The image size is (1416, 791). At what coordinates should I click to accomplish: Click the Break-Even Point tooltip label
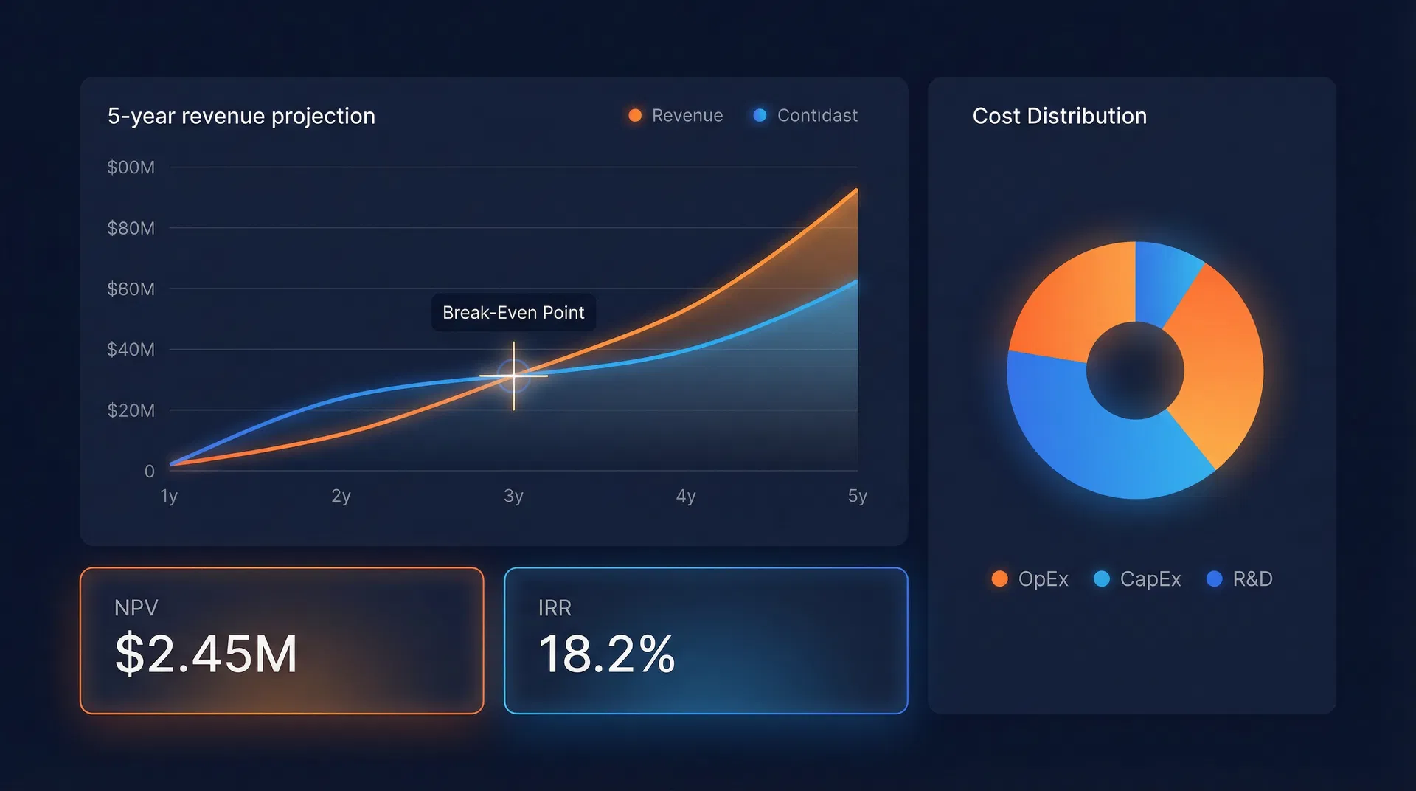513,313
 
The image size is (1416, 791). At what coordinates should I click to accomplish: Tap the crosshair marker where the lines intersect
513,376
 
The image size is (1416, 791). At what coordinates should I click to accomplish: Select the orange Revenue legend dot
635,115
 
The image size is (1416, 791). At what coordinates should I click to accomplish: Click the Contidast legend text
817,115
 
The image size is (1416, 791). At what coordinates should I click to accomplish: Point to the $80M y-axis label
131,228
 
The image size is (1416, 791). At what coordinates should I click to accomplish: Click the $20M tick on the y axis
131,410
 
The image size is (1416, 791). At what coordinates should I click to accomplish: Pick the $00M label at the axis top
131,167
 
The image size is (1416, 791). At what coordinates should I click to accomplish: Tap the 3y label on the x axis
513,496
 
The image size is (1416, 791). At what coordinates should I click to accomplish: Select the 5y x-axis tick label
857,496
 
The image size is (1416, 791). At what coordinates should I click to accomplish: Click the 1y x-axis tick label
169,496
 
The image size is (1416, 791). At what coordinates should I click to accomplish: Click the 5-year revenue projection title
241,116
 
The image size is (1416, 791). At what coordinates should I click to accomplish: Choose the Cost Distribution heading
1059,116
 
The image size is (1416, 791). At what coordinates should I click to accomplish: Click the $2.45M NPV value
206,654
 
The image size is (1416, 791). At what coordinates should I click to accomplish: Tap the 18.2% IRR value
606,654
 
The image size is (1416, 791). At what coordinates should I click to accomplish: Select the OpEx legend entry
1030,579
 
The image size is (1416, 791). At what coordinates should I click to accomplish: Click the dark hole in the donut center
1135,370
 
